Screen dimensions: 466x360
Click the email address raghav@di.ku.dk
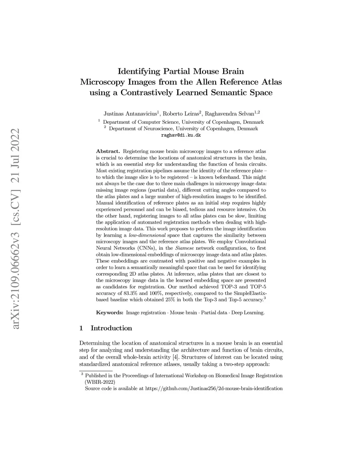(x=181, y=135)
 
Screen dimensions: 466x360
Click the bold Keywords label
(x=109, y=312)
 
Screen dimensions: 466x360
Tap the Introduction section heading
(x=111, y=328)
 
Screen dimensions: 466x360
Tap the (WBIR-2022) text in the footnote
(x=100, y=382)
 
